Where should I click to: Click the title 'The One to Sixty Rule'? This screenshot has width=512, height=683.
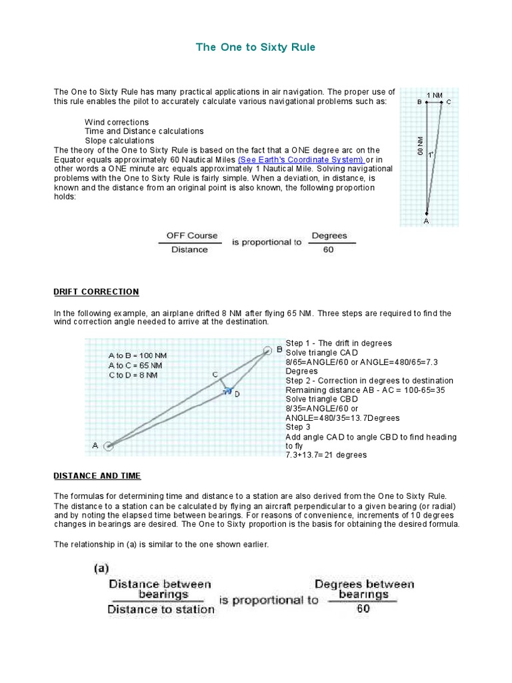pyautogui.click(x=255, y=47)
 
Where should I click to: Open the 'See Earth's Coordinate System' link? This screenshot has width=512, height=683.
pyautogui.click(x=301, y=160)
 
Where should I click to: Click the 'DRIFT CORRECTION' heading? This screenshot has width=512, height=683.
pyautogui.click(x=96, y=291)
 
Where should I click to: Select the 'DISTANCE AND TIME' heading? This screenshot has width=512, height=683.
pyautogui.click(x=97, y=476)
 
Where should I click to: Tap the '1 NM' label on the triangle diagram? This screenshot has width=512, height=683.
pyautogui.click(x=434, y=95)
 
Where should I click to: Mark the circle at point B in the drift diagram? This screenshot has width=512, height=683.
pyautogui.click(x=268, y=350)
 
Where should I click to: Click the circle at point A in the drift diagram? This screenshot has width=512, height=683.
pyautogui.click(x=109, y=446)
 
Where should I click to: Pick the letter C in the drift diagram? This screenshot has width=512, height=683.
pyautogui.click(x=215, y=375)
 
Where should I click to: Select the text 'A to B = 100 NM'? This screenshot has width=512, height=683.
pyautogui.click(x=136, y=356)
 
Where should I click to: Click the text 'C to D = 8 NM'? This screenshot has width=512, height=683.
pyautogui.click(x=133, y=375)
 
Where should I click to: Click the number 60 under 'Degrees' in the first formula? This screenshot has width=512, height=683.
pyautogui.click(x=328, y=250)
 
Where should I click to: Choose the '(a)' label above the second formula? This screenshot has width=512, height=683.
pyautogui.click(x=101, y=568)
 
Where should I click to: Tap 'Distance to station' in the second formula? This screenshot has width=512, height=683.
pyautogui.click(x=161, y=608)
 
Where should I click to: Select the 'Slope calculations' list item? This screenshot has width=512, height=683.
pyautogui.click(x=119, y=141)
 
